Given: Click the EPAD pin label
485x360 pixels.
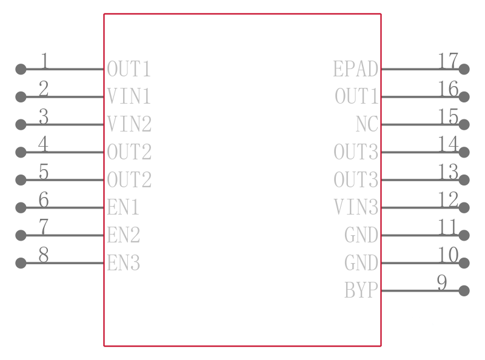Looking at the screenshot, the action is [356, 68].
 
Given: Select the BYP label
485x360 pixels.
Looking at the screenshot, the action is [361, 290].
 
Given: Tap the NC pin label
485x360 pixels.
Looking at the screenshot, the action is [367, 124].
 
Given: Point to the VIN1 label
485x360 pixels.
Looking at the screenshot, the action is [129, 96].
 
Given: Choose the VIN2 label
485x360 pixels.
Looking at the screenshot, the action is [129, 124].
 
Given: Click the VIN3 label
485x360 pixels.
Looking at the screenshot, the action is [356, 207].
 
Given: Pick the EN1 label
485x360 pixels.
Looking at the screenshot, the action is [123, 207].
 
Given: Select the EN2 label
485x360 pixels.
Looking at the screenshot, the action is [124, 235].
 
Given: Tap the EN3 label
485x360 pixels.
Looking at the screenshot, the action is [124, 262].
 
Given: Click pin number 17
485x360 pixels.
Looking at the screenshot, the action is [448, 61].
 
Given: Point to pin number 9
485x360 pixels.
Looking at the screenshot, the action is [442, 282].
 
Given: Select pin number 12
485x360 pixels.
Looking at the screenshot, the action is [448, 199].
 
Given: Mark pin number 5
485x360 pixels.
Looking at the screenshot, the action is [44, 172].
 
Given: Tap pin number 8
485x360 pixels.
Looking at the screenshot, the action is [44, 255].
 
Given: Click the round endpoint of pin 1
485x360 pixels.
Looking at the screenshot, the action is [21, 69].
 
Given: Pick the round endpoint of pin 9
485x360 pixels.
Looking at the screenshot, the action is [464, 291].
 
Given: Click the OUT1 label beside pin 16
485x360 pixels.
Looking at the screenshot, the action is [356, 96].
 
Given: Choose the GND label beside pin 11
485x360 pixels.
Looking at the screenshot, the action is [361, 235].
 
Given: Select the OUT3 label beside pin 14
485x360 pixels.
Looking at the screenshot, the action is [356, 152].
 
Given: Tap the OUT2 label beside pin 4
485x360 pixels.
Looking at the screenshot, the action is [129, 152].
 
